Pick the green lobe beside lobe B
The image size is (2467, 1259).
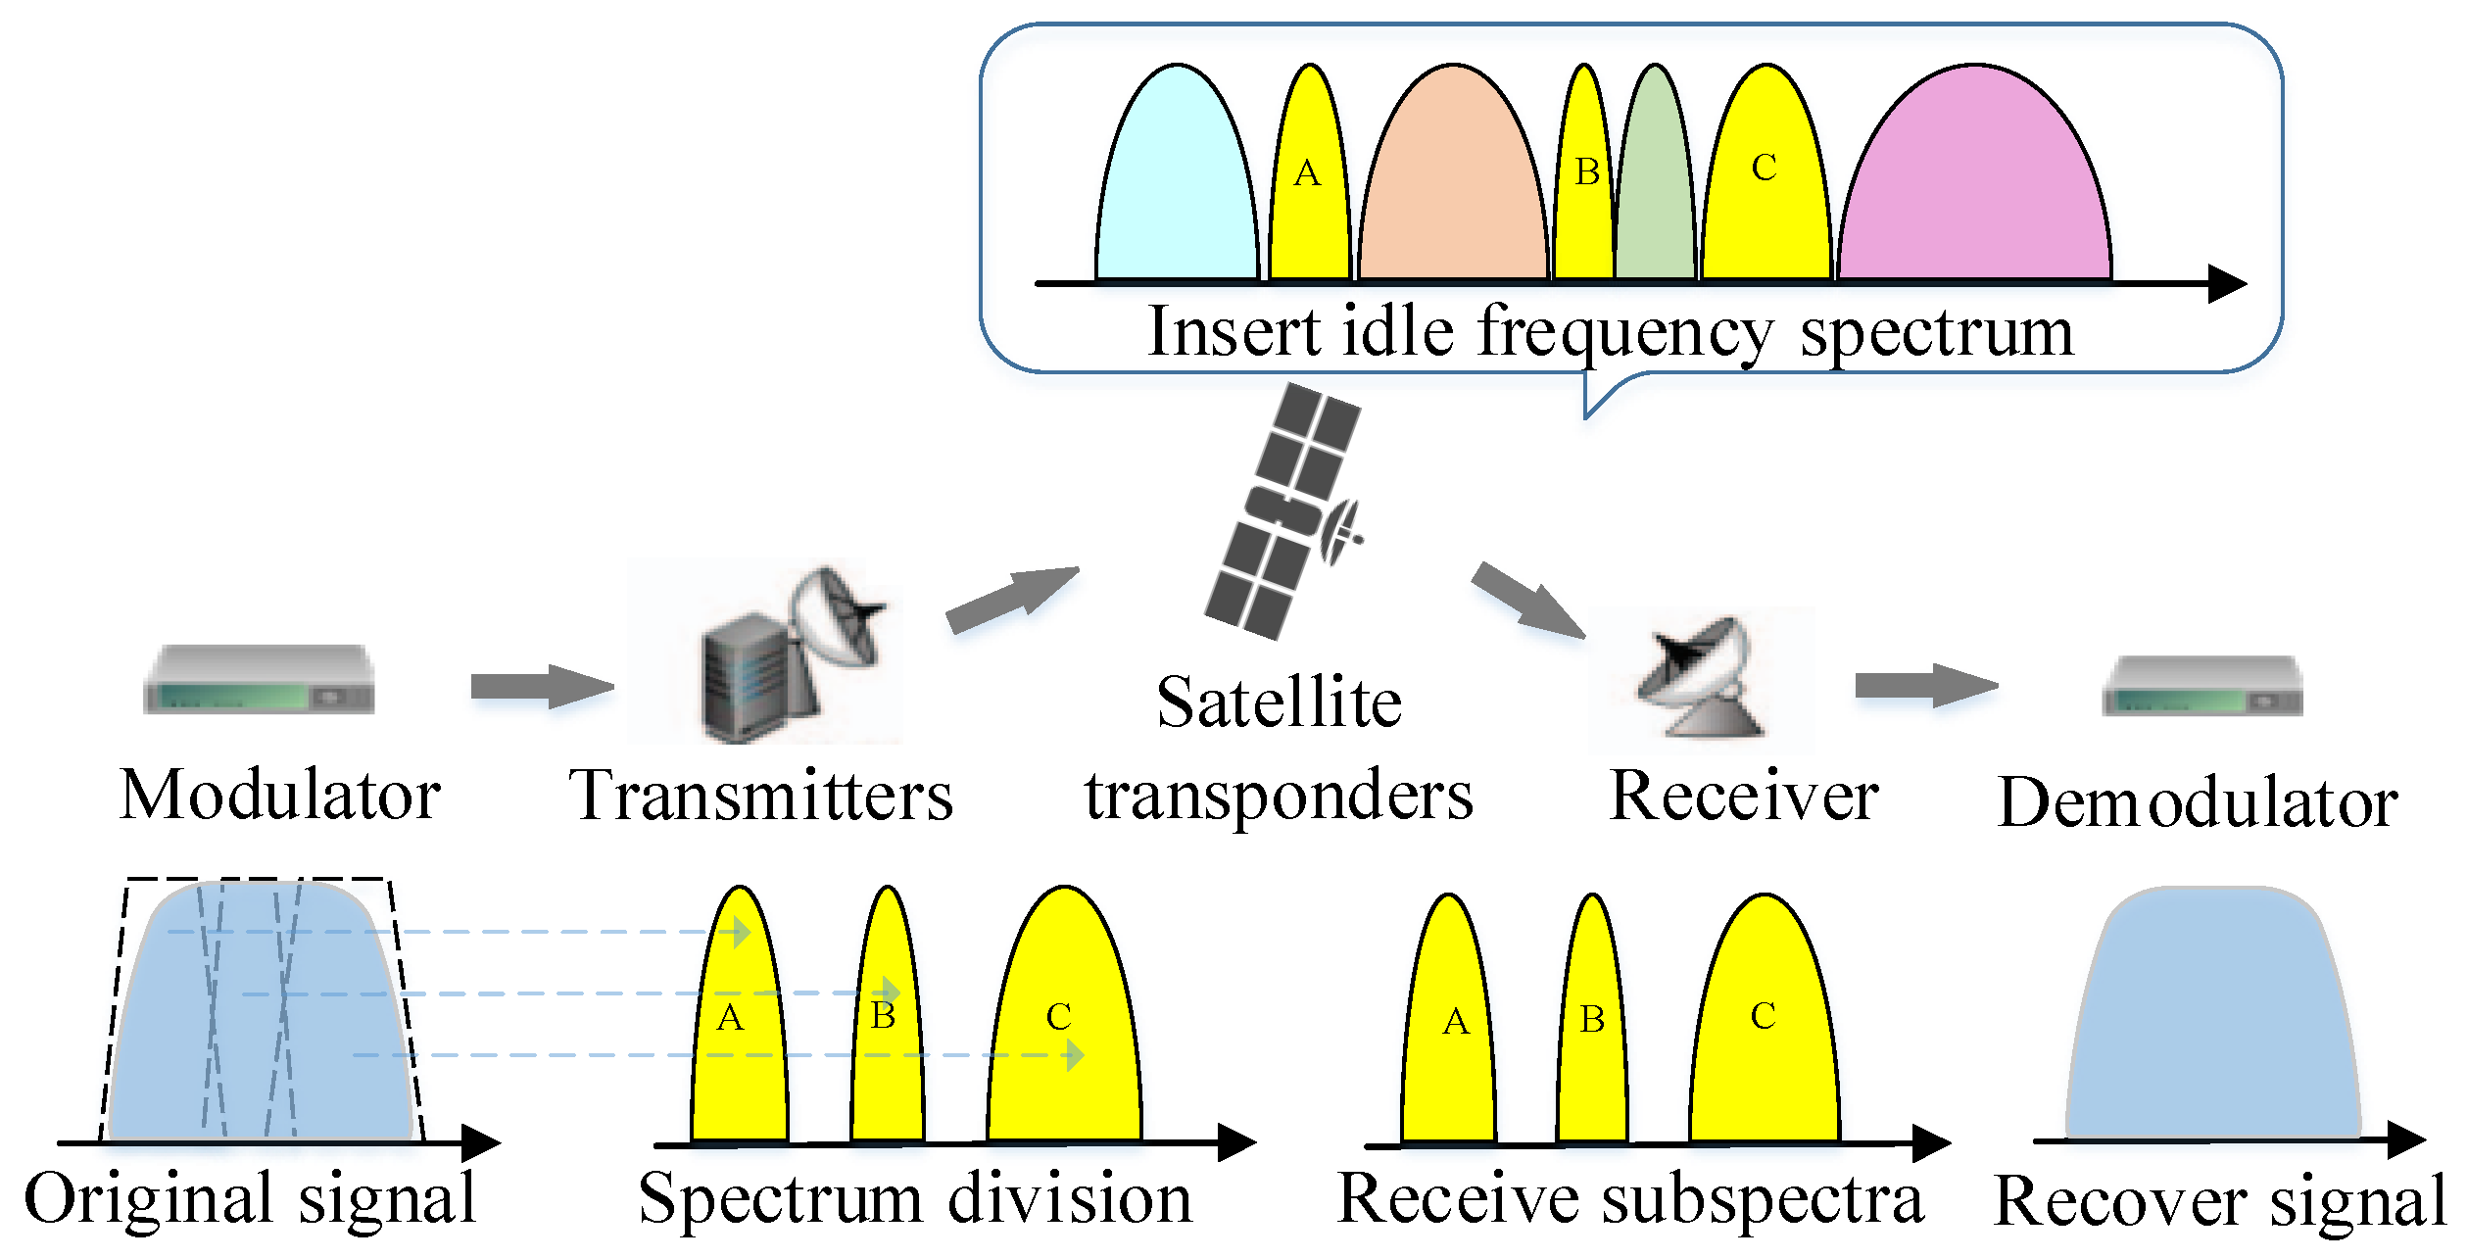pos(1656,186)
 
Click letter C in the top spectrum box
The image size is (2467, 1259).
pos(1764,168)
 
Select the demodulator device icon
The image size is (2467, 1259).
pos(2202,686)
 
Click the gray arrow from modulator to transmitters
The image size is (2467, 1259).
pos(541,686)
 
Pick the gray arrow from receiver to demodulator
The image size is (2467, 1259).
pos(1924,685)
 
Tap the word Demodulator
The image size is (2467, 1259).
pos(2198,802)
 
